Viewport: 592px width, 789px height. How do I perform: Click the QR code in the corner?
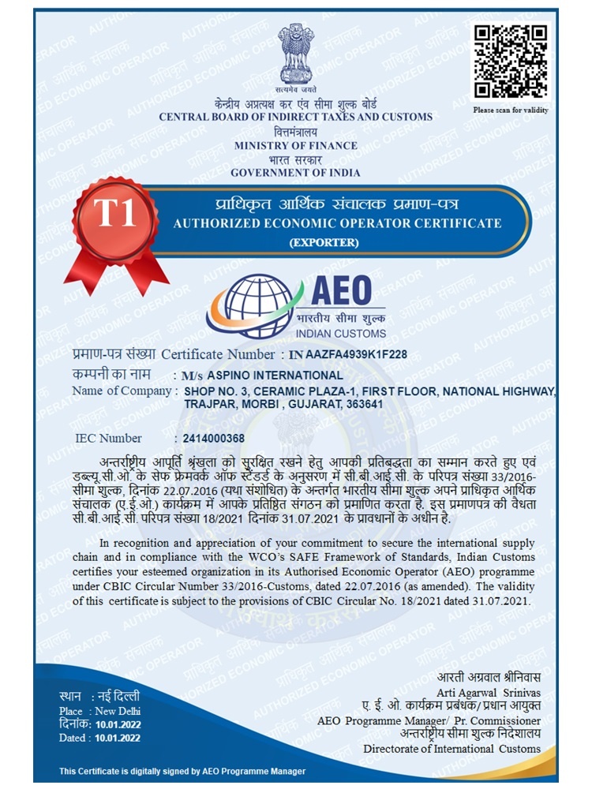pyautogui.click(x=511, y=62)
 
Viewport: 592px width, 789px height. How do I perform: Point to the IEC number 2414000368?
pyautogui.click(x=214, y=439)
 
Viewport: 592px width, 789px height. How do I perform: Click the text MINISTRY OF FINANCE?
pyautogui.click(x=296, y=145)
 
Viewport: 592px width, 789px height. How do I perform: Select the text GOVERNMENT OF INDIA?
pyautogui.click(x=296, y=173)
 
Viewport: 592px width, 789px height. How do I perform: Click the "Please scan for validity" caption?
pyautogui.click(x=511, y=110)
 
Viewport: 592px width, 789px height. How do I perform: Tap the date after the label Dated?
pyautogui.click(x=118, y=738)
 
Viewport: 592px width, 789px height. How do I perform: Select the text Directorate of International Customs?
pyautogui.click(x=451, y=748)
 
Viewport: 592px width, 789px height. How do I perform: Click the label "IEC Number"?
pyautogui.click(x=108, y=439)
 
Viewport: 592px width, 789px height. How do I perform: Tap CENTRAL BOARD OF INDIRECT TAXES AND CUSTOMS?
pyautogui.click(x=296, y=117)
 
